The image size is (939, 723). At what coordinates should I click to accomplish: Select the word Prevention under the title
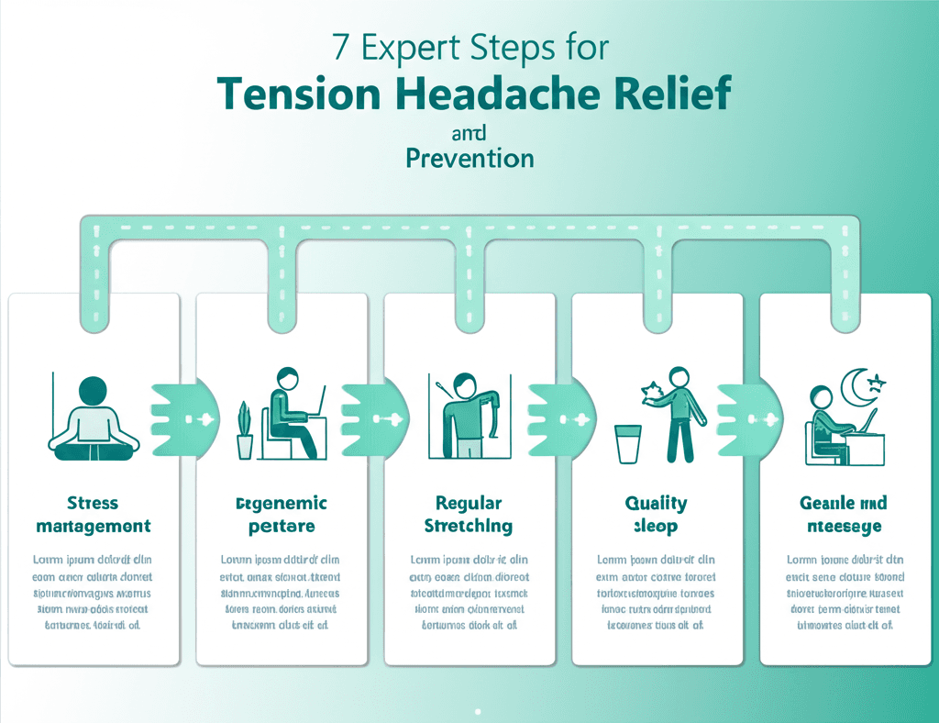coord(469,158)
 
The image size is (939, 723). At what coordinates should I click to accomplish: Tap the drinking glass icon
coord(628,444)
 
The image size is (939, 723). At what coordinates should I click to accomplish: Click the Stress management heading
coord(94,515)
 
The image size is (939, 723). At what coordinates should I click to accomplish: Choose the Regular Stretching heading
coord(469,515)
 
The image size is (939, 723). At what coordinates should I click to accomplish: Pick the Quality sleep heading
coord(656,515)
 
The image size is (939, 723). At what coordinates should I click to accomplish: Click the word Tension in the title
coord(297,94)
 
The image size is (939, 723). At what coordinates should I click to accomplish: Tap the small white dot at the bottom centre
coord(478,709)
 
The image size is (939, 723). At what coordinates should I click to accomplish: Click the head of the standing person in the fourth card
coord(679,377)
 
